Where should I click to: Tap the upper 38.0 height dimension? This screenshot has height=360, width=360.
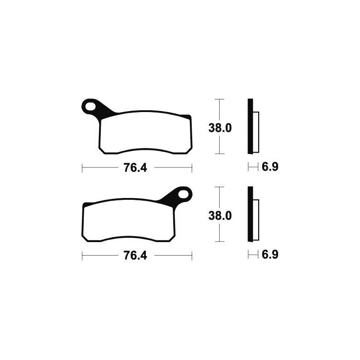point(220,128)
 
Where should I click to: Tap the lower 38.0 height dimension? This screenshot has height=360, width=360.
point(220,216)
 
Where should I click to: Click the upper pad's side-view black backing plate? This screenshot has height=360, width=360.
point(251,126)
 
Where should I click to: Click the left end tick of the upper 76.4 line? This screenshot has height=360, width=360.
point(82,168)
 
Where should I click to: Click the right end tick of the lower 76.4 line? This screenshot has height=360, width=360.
point(192,256)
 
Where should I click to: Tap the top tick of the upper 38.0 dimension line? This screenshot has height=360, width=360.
point(219,99)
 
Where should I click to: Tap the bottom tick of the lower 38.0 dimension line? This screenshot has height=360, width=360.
point(219,242)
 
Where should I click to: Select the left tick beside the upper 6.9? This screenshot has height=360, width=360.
point(248,168)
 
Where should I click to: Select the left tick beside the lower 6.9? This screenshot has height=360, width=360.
point(248,256)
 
